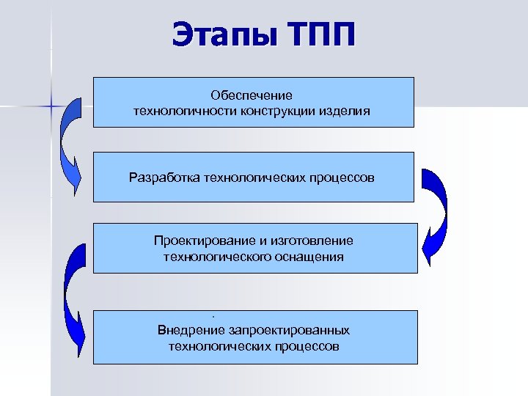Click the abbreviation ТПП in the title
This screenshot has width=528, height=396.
318,35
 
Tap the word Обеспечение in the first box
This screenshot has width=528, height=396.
252,96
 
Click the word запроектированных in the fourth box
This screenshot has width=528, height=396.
288,330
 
